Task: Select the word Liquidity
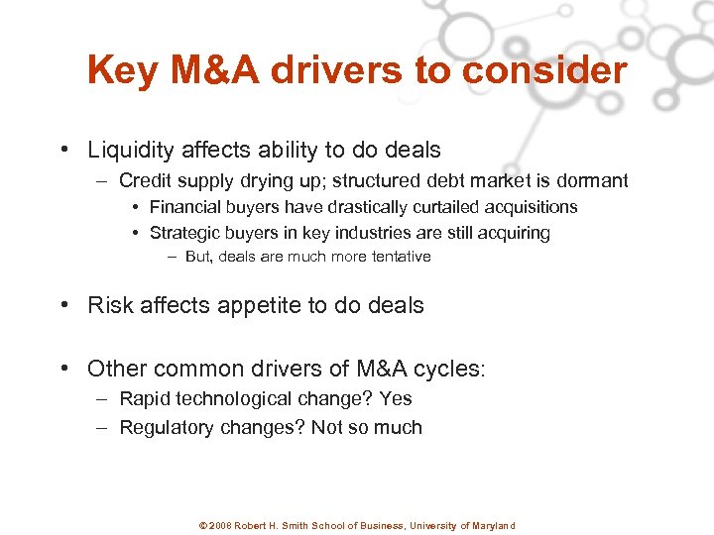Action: click(x=129, y=151)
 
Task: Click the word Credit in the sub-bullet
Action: click(x=145, y=180)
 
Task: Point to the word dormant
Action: click(x=591, y=180)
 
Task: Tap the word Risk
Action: click(x=108, y=305)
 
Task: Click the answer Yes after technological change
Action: click(x=395, y=398)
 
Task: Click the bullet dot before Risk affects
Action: click(x=63, y=305)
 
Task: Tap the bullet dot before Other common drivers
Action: click(x=63, y=369)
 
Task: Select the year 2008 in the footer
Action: click(x=220, y=526)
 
